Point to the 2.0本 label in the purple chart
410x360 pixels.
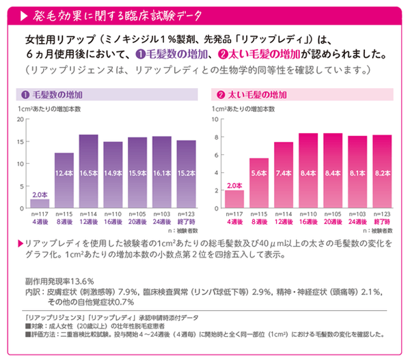pos(40,194)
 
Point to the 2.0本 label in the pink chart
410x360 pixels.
pos(234,185)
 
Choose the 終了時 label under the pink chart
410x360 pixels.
pos(383,223)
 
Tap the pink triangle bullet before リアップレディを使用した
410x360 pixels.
pos(18,243)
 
